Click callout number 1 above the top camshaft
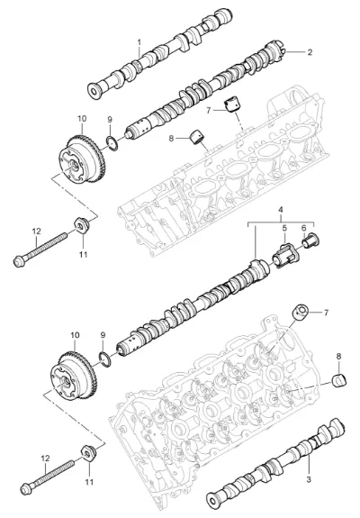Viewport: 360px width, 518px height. pos(139,42)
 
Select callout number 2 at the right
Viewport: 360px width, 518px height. pos(310,52)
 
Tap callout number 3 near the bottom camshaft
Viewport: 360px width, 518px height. pos(309,479)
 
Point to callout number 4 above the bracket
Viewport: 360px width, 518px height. pos(281,210)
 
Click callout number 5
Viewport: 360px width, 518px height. pos(284,228)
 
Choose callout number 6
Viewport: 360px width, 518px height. pos(304,228)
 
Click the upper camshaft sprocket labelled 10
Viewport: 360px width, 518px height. pos(82,159)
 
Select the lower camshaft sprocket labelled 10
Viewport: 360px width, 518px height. pos(74,377)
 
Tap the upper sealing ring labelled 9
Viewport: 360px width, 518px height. pos(112,143)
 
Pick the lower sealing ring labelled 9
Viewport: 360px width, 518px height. pos(105,359)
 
